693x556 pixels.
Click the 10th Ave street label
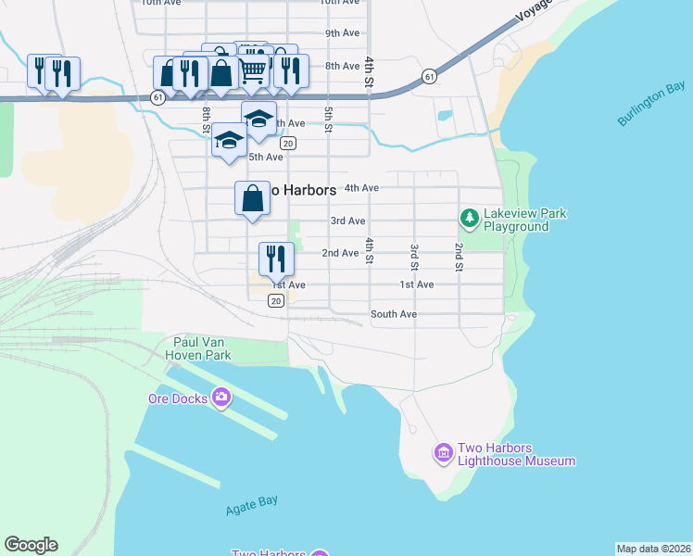339,3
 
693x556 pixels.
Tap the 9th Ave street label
343,33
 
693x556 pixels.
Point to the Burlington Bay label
651,108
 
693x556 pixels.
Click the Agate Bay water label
252,509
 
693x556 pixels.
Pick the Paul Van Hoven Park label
197,347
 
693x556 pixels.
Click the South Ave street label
393,314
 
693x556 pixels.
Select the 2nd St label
459,258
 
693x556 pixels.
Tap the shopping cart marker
254,69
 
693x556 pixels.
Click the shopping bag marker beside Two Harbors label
253,198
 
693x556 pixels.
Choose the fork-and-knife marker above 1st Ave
275,259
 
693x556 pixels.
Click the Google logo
31,545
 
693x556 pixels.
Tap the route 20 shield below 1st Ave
276,301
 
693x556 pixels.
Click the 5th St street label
328,120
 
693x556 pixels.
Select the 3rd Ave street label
347,221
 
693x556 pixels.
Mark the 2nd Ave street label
340,253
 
